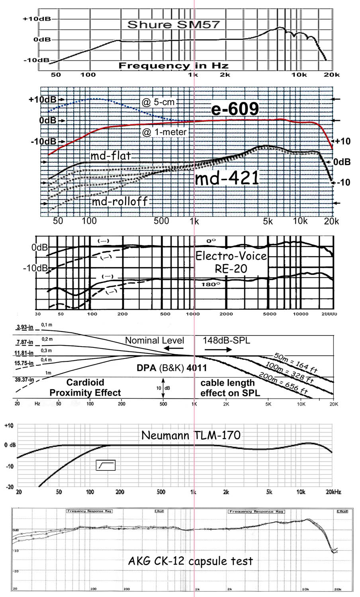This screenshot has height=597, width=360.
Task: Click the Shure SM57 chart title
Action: (173, 25)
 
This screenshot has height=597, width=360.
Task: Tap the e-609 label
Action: (235, 109)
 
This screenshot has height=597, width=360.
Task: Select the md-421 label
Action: (227, 179)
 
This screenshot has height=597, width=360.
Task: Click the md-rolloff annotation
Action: (119, 201)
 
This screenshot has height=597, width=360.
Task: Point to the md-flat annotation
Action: (111, 155)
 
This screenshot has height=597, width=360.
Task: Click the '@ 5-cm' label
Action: (158, 102)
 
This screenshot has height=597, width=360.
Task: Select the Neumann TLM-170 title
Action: (191, 435)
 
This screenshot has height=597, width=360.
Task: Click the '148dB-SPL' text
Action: (227, 341)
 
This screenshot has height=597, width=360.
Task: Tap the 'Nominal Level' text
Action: (155, 341)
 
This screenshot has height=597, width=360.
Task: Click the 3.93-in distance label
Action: (25, 328)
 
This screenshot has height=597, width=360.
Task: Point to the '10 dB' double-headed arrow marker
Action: (163, 388)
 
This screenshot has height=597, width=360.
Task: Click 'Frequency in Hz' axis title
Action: (173, 66)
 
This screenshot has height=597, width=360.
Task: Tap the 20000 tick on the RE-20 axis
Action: (329, 314)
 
